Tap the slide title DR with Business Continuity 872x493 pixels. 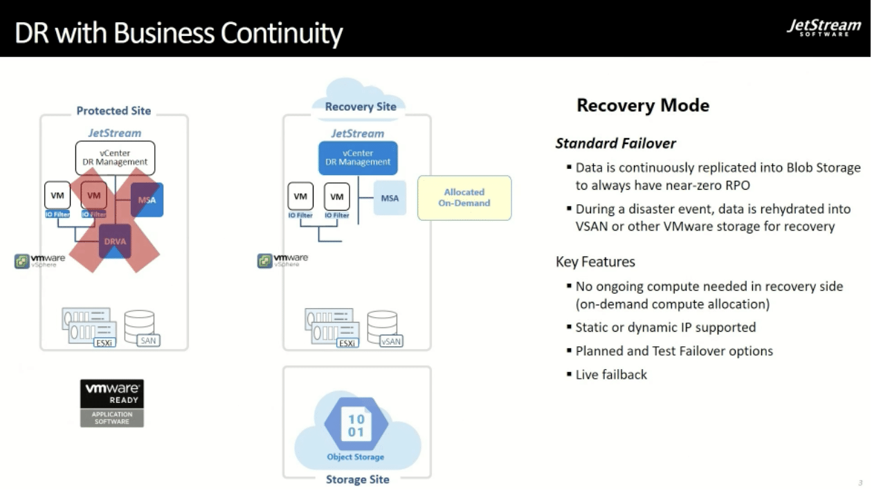click(179, 33)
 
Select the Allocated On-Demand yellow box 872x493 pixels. click(464, 198)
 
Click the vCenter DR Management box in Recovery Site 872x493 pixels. click(358, 158)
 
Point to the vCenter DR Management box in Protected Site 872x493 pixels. click(115, 158)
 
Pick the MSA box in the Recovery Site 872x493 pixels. click(390, 198)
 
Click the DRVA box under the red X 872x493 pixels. click(115, 241)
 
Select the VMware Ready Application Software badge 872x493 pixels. click(112, 402)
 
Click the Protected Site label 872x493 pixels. click(113, 111)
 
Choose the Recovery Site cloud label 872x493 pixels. click(360, 106)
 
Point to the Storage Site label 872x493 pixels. click(357, 479)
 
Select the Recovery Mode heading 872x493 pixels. click(643, 106)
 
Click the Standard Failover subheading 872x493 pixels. click(615, 143)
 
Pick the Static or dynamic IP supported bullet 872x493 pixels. click(665, 328)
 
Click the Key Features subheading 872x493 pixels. click(595, 262)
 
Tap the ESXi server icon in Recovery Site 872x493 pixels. click(331, 328)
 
